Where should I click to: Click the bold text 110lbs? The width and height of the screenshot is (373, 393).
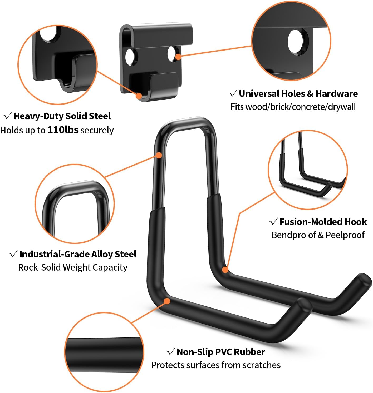(x=63, y=130)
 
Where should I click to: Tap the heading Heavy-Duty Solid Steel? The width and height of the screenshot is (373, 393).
(x=62, y=116)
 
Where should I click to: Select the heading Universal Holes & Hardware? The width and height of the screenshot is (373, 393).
(x=298, y=94)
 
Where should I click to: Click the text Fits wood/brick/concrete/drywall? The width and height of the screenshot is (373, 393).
(x=293, y=107)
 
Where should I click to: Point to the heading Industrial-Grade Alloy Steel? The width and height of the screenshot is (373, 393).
(x=78, y=254)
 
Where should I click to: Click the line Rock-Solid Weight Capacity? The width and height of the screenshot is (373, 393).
(x=73, y=267)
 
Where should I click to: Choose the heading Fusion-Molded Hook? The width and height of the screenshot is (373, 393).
(x=323, y=222)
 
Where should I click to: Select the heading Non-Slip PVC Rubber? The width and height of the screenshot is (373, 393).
(x=221, y=352)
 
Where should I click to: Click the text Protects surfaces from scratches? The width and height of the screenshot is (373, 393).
(x=216, y=365)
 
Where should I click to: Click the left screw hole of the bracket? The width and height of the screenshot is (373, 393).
(x=130, y=57)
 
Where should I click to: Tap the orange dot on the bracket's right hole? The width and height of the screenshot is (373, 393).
(x=178, y=57)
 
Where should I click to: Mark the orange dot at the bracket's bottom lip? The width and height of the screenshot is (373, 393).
(x=139, y=96)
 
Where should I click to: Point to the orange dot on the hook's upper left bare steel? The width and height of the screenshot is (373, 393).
(x=159, y=155)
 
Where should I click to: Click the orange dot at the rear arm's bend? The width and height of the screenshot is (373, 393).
(x=225, y=270)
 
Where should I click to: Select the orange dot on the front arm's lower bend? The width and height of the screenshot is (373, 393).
(x=167, y=301)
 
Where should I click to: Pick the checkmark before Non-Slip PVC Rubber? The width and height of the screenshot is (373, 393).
(x=171, y=352)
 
